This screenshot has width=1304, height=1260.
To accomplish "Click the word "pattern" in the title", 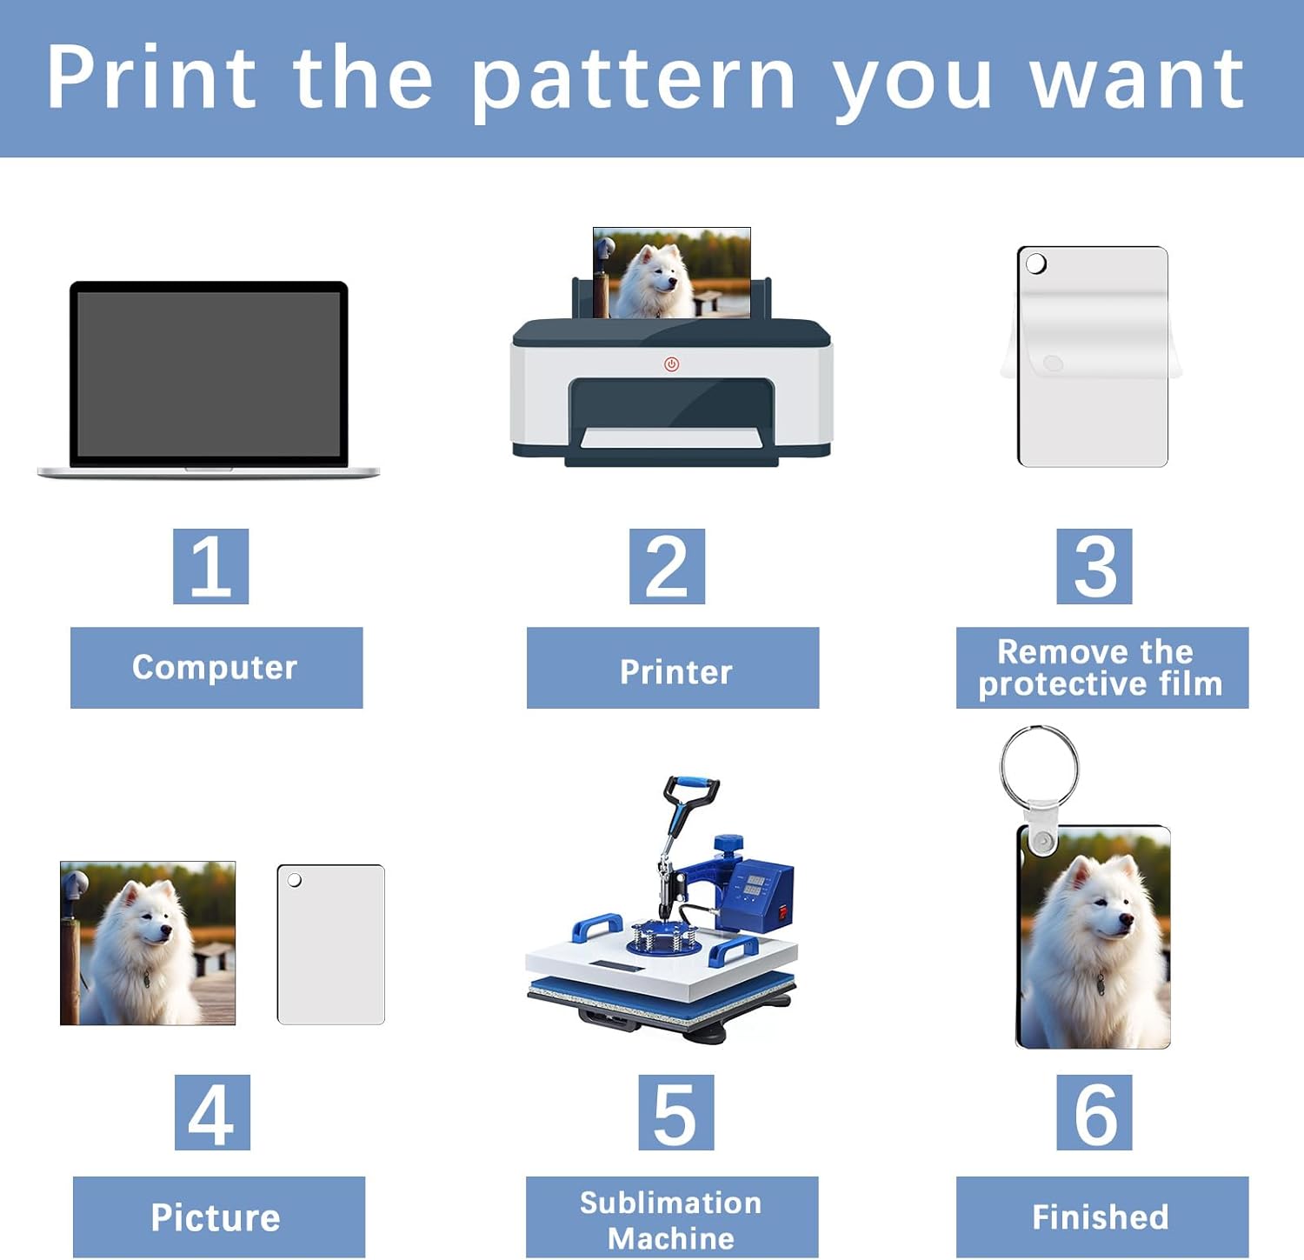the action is coord(633,80).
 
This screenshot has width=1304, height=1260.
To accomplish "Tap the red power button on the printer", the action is coord(671,364).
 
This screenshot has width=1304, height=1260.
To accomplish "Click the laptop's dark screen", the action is coord(209,374).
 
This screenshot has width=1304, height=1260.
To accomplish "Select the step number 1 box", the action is coord(210,566).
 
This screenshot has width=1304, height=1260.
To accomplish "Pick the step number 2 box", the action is coord(667,566).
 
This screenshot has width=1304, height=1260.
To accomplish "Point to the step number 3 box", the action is coord(1094,566).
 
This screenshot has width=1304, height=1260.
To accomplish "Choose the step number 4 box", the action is coord(212,1112).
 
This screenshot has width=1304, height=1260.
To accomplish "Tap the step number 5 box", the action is coord(675,1112).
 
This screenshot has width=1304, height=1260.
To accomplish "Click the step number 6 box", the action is coord(1094,1112).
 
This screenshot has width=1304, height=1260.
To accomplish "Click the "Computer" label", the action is coord(216,668).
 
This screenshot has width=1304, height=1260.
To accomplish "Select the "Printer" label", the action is coord(673,668).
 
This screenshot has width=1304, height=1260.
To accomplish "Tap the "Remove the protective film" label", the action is coord(1102,668).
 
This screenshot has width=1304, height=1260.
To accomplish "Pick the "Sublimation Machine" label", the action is coord(672,1217).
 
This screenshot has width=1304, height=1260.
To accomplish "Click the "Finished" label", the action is coord(1102,1217).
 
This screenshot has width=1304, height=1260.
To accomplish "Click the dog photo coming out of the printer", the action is coord(672,273).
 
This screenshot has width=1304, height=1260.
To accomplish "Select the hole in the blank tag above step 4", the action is coord(295,881).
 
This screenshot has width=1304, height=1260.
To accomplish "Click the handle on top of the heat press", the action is coord(691,790).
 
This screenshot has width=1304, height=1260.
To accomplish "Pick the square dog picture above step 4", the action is coord(148,943).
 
